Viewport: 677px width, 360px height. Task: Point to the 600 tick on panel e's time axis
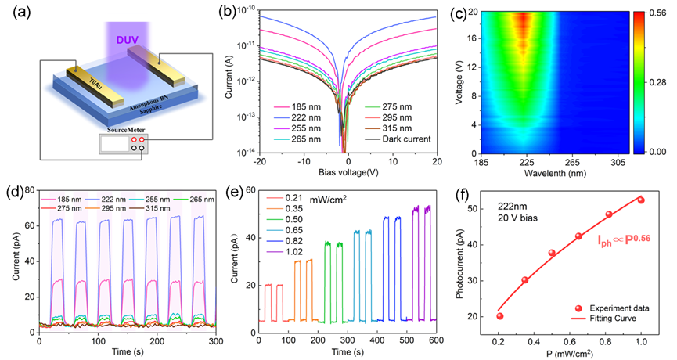pyautogui.click(x=437, y=343)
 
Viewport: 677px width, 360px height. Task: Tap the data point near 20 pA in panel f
pyautogui.click(x=500, y=316)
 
